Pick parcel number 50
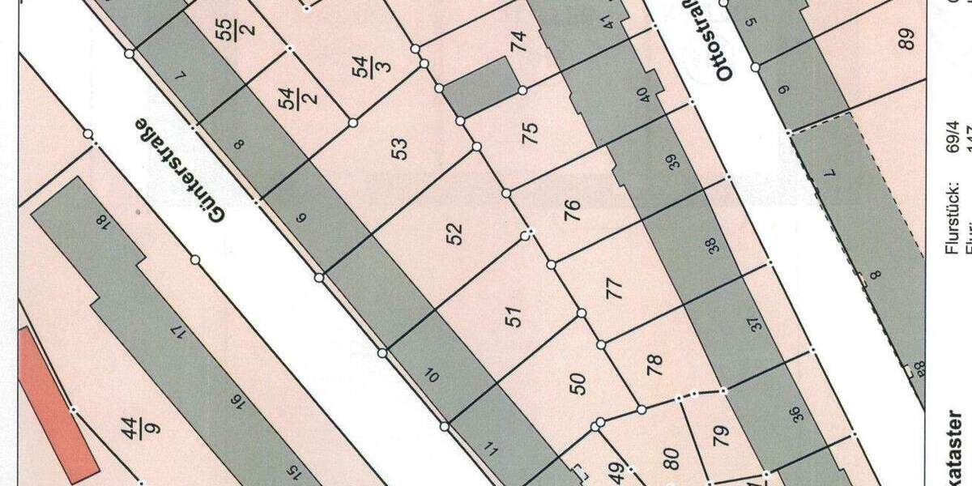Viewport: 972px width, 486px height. pyautogui.click(x=578, y=384)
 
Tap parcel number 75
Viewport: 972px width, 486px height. pyautogui.click(x=531, y=133)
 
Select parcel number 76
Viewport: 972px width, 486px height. pyautogui.click(x=572, y=210)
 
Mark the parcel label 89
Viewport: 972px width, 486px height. pyautogui.click(x=906, y=38)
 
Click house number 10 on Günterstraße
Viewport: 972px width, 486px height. pyautogui.click(x=433, y=376)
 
